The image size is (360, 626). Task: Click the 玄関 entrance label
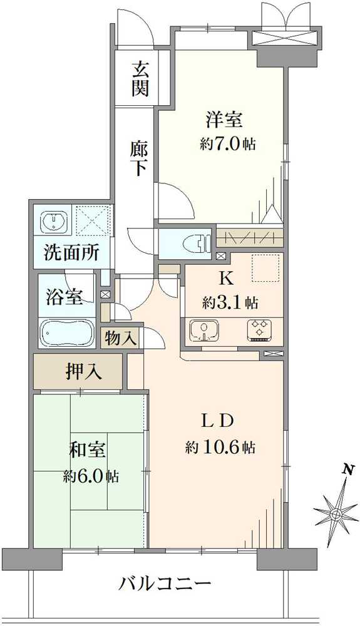(x=140, y=78)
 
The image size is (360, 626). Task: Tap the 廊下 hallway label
(x=138, y=159)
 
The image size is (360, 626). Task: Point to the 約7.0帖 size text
(x=228, y=143)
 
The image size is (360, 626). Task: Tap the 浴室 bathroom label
(x=64, y=297)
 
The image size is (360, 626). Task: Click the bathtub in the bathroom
(x=66, y=332)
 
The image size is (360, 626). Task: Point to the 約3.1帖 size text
(x=230, y=303)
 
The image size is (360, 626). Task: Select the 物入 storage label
(x=120, y=339)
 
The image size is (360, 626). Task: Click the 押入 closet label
(x=83, y=372)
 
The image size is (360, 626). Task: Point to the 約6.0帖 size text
(x=91, y=476)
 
